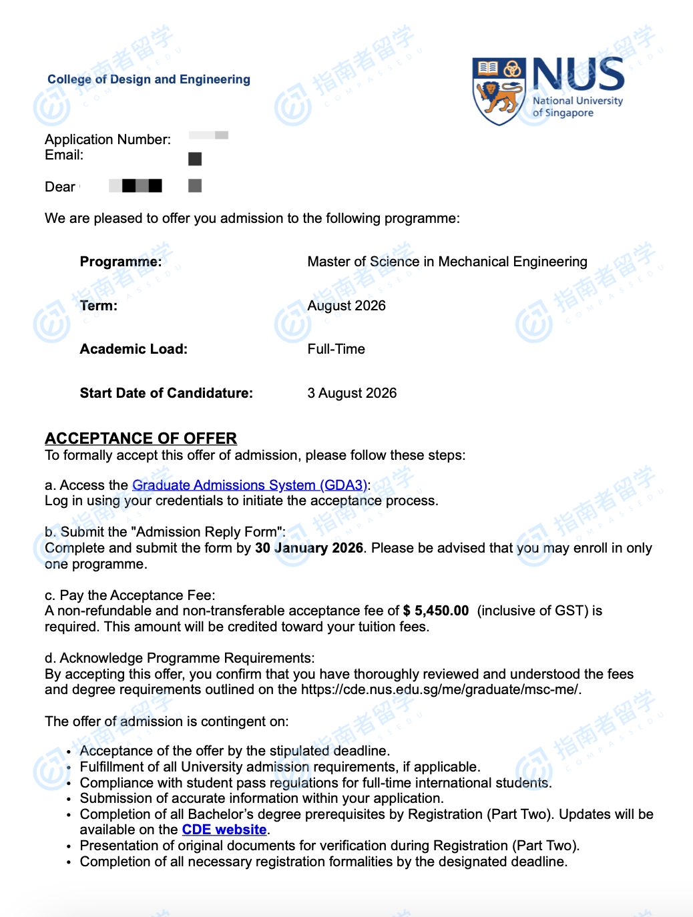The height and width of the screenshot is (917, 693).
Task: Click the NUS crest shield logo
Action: tap(498, 91)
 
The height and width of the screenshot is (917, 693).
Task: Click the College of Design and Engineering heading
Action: tap(149, 79)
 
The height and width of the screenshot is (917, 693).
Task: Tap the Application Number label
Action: tap(107, 139)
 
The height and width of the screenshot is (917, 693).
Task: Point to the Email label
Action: tap(64, 155)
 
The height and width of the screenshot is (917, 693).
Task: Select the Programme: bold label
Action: tap(121, 262)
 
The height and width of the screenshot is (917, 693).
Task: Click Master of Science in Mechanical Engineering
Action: tap(447, 262)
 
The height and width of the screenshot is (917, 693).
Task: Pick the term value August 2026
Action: tap(346, 306)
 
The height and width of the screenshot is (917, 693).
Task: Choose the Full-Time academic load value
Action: tap(336, 349)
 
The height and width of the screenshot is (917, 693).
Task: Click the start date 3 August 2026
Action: tap(352, 393)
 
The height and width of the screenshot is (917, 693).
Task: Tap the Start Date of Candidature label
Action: tap(166, 393)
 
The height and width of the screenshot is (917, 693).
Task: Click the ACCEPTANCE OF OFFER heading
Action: tap(141, 438)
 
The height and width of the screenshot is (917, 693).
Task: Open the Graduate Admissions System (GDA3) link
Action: tap(250, 485)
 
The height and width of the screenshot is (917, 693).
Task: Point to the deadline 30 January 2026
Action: tap(309, 548)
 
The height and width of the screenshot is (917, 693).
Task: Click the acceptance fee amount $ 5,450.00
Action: tap(436, 611)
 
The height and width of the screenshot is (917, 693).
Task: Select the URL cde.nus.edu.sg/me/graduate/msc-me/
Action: tap(440, 689)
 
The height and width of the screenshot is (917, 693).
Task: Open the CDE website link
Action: tap(224, 830)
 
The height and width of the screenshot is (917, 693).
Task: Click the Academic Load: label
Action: tap(134, 349)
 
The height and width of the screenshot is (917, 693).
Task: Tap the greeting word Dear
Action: tap(60, 187)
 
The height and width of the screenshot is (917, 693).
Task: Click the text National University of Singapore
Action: tap(577, 107)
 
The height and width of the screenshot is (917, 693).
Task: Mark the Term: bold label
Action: tap(99, 306)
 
